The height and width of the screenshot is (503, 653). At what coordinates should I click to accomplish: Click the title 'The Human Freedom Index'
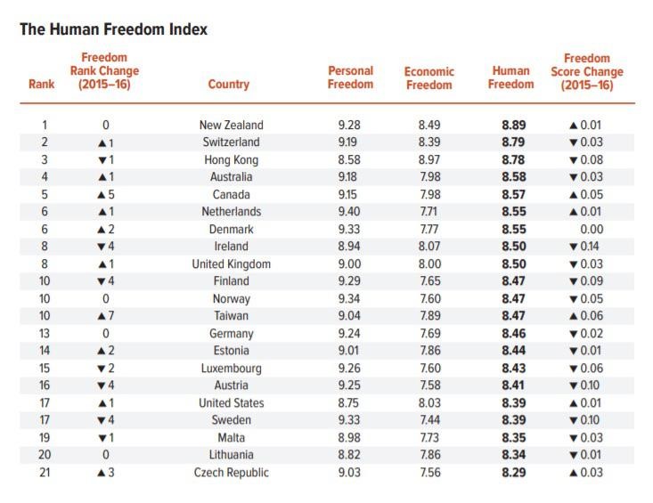click(113, 29)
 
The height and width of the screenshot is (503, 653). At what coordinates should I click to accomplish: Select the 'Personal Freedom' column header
click(350, 77)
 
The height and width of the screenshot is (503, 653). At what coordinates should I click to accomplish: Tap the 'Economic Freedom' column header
click(429, 77)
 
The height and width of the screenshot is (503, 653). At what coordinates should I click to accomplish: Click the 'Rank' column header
click(42, 85)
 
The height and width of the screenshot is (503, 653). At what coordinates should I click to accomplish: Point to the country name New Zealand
click(231, 126)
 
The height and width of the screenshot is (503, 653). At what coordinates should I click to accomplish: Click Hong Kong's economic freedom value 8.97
click(429, 159)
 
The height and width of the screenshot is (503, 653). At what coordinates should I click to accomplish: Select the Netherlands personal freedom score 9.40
click(350, 212)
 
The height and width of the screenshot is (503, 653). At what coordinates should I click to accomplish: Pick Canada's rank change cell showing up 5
click(105, 195)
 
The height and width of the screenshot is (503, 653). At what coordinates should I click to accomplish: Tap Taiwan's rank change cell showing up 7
click(105, 316)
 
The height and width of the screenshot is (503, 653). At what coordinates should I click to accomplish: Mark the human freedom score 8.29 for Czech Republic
click(513, 473)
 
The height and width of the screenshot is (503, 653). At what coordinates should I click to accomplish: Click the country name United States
click(231, 403)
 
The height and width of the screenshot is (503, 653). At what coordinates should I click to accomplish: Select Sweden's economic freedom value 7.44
click(429, 420)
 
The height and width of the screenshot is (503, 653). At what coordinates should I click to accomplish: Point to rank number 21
click(45, 473)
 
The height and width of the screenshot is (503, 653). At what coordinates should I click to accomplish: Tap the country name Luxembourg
click(231, 369)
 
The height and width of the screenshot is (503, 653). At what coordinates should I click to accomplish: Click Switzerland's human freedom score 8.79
click(513, 142)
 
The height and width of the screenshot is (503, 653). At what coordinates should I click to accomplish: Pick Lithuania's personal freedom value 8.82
click(350, 455)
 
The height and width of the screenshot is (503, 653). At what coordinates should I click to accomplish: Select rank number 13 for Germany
click(45, 334)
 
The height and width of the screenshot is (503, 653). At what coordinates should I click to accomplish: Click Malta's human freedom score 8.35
click(513, 438)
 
